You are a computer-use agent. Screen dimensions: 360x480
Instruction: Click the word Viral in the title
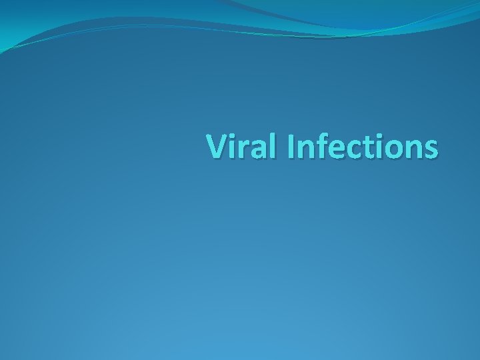click(x=243, y=147)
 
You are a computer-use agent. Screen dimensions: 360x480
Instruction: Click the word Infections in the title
click(x=363, y=147)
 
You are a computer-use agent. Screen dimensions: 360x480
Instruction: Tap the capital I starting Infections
click(x=292, y=147)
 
